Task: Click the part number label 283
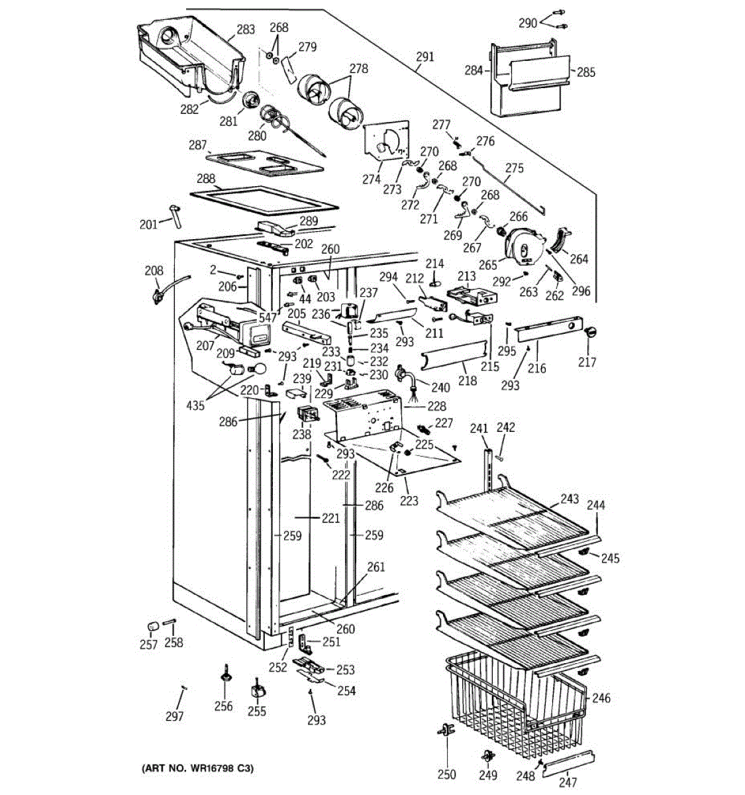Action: tap(246, 29)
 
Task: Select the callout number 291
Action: tap(425, 57)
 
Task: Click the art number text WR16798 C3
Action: tap(197, 769)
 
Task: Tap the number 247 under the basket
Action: tap(568, 782)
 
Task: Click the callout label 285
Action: tap(586, 72)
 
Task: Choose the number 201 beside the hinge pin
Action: tap(148, 225)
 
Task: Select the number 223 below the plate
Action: tap(409, 501)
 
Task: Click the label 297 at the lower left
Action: tap(174, 716)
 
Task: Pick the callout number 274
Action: tap(372, 179)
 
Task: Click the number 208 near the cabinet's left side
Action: tap(154, 270)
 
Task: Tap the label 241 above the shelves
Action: tap(479, 429)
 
